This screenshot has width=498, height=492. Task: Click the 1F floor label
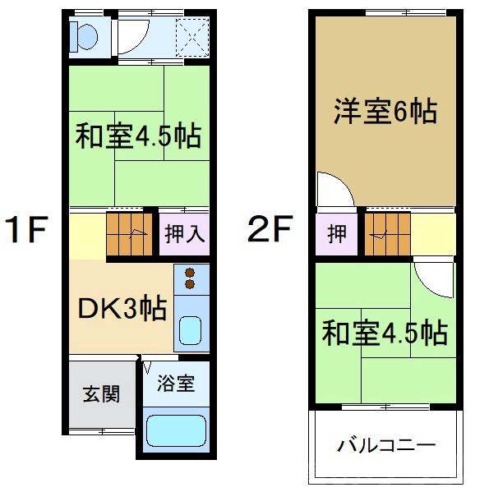pos(27,229)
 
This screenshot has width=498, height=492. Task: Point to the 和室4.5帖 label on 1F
pos(138,136)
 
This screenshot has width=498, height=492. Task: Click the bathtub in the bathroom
pos(175,431)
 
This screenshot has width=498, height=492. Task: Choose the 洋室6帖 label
pos(384,112)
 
